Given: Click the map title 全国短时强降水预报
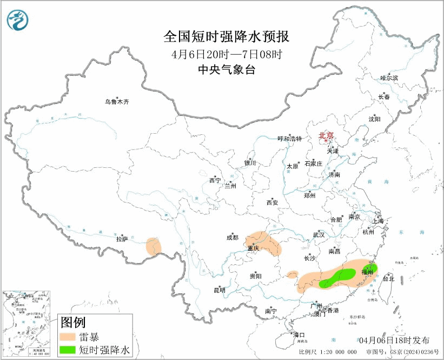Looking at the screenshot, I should point(226,37).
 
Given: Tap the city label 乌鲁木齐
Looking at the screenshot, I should point(117,102).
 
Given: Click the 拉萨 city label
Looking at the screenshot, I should point(122,238).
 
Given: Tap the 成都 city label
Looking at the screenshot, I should point(233,237).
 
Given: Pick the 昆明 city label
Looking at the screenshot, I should point(219,291).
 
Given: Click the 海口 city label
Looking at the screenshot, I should point(299,335).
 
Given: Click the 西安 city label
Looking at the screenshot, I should point(272,202).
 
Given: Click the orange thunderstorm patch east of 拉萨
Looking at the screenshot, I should point(154,246).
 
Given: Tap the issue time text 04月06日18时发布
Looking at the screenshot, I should point(395,340).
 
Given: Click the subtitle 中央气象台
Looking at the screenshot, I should point(226,70).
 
